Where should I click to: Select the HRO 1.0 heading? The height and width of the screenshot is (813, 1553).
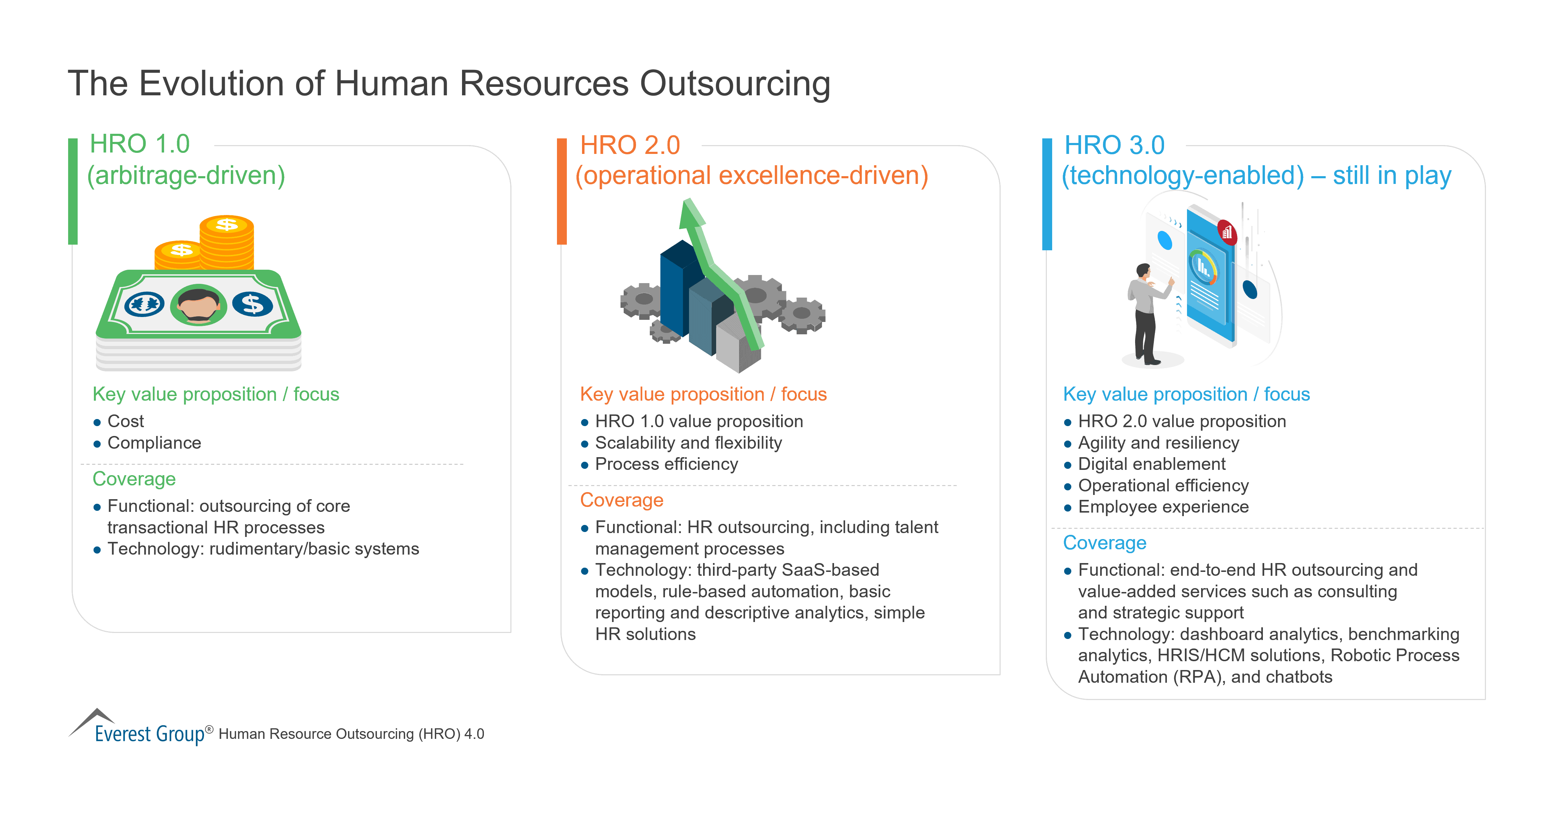click(x=140, y=144)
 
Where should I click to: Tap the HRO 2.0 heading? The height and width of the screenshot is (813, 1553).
click(x=630, y=145)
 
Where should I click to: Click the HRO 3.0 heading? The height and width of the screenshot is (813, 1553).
click(x=1114, y=145)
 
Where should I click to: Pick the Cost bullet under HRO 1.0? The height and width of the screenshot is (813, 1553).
click(x=125, y=421)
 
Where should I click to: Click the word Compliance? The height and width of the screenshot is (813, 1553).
click(x=154, y=443)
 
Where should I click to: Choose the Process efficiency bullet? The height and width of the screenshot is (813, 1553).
click(x=666, y=464)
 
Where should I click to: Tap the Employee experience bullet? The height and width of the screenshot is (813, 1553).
click(x=1163, y=507)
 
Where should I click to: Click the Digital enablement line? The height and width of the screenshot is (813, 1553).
click(x=1151, y=464)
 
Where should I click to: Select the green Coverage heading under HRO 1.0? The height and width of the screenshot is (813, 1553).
click(x=134, y=479)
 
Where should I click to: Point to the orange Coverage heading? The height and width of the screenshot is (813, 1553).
click(x=622, y=500)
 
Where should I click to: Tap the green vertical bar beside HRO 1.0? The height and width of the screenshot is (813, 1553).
click(x=73, y=191)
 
